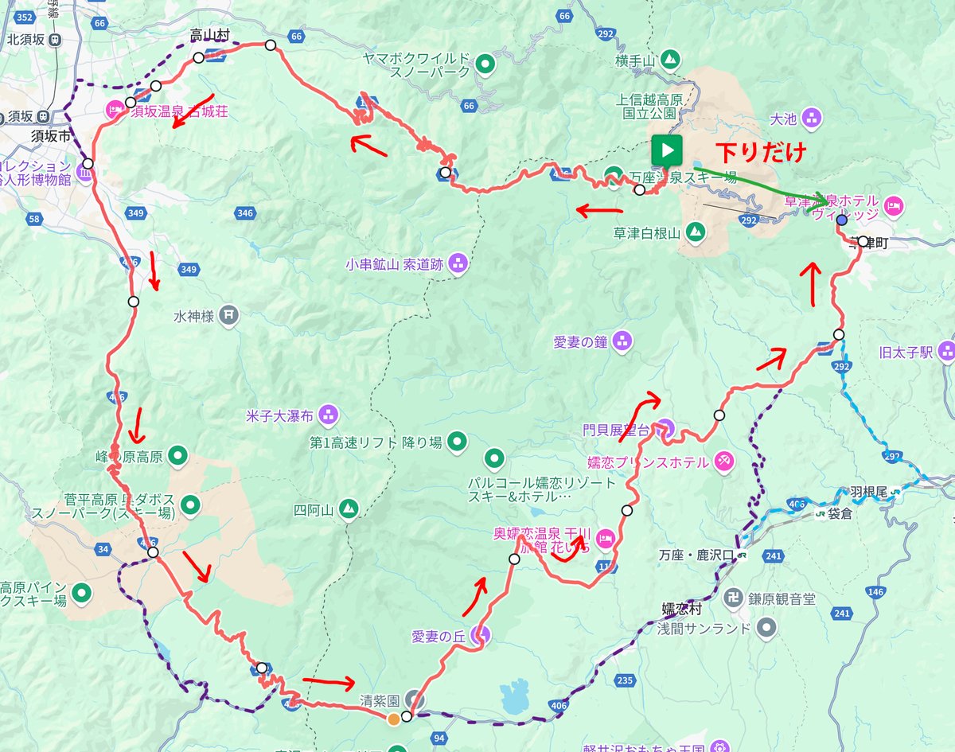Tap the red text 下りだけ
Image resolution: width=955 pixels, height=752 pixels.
pos(761,150)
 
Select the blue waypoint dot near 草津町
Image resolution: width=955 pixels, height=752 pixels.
pos(842,220)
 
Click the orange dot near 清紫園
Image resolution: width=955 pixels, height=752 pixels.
pos(393,719)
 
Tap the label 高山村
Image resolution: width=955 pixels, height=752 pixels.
pos(209,35)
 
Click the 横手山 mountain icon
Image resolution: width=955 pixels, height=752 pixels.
pos(671,59)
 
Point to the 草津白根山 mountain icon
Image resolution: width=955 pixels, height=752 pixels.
pos(696,232)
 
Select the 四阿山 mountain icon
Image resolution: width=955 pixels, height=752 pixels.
pos(348,508)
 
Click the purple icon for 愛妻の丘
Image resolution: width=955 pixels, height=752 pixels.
pos(480,635)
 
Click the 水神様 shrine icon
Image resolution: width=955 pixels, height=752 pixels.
pos(228,315)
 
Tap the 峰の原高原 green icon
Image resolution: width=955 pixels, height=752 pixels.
pos(179,456)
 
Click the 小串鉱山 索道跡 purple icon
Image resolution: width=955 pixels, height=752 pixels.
pos(458,263)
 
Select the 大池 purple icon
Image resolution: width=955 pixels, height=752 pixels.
pos(811,119)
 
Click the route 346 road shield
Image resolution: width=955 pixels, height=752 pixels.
pos(245,212)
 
